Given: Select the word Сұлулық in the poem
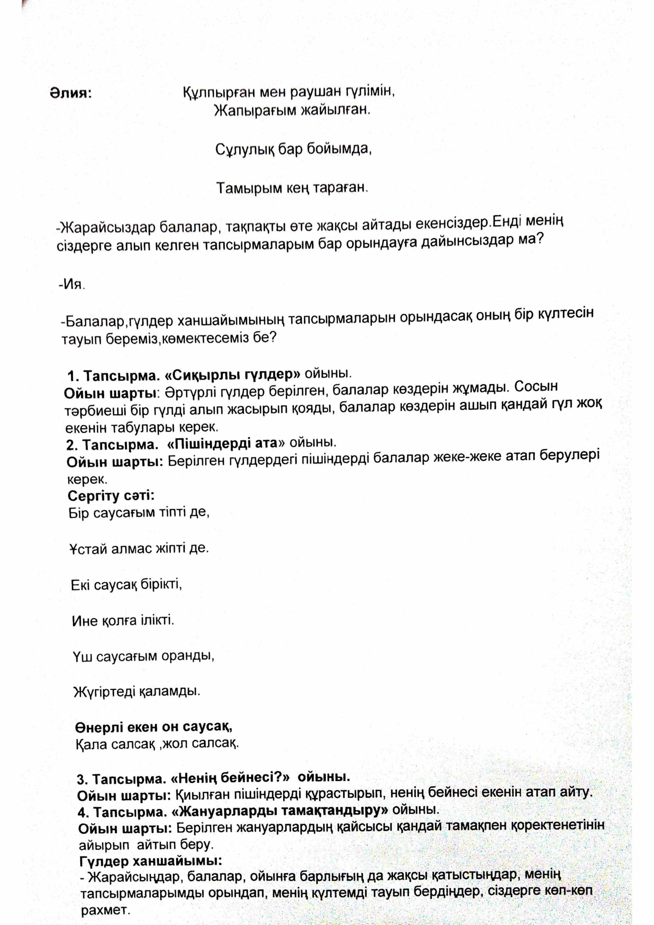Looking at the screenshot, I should coord(239,150).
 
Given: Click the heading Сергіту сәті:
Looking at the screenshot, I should coord(111,495).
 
